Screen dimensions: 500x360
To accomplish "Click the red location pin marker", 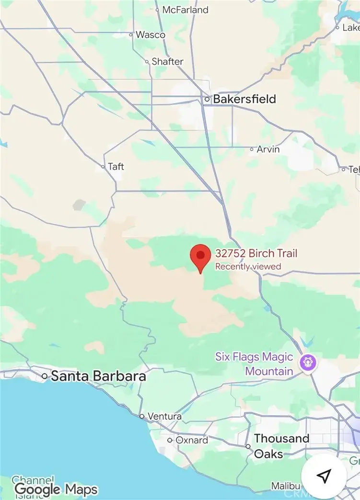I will (x=200, y=256).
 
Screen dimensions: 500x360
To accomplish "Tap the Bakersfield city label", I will (x=244, y=99).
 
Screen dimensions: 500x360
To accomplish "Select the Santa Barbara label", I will (x=98, y=376).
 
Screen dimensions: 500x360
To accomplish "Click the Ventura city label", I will (x=164, y=416).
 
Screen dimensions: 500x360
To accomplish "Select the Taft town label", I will (x=116, y=166).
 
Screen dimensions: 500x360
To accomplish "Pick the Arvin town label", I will (x=268, y=149).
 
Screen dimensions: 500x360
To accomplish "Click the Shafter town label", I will (x=167, y=61).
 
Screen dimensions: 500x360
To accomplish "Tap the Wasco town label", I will (x=151, y=34).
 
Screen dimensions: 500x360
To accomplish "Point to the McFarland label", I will (x=186, y=10).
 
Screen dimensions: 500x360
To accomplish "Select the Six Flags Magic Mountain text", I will (x=254, y=364).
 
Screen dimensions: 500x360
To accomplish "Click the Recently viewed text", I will (x=248, y=266).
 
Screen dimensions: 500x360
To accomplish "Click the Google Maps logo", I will (x=56, y=489).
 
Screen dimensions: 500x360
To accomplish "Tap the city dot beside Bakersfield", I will (x=207, y=100).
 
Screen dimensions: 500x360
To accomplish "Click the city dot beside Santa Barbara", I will (x=45, y=376).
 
